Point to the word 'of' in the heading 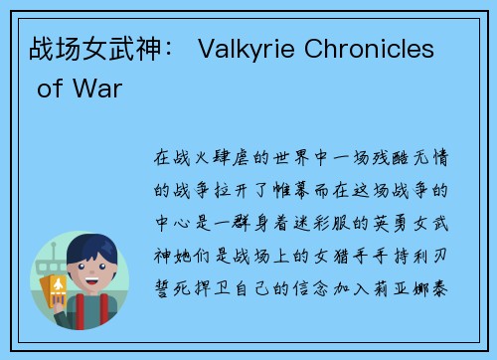[x=49, y=90]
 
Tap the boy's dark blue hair [x=97, y=251]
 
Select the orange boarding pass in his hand [x=60, y=290]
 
